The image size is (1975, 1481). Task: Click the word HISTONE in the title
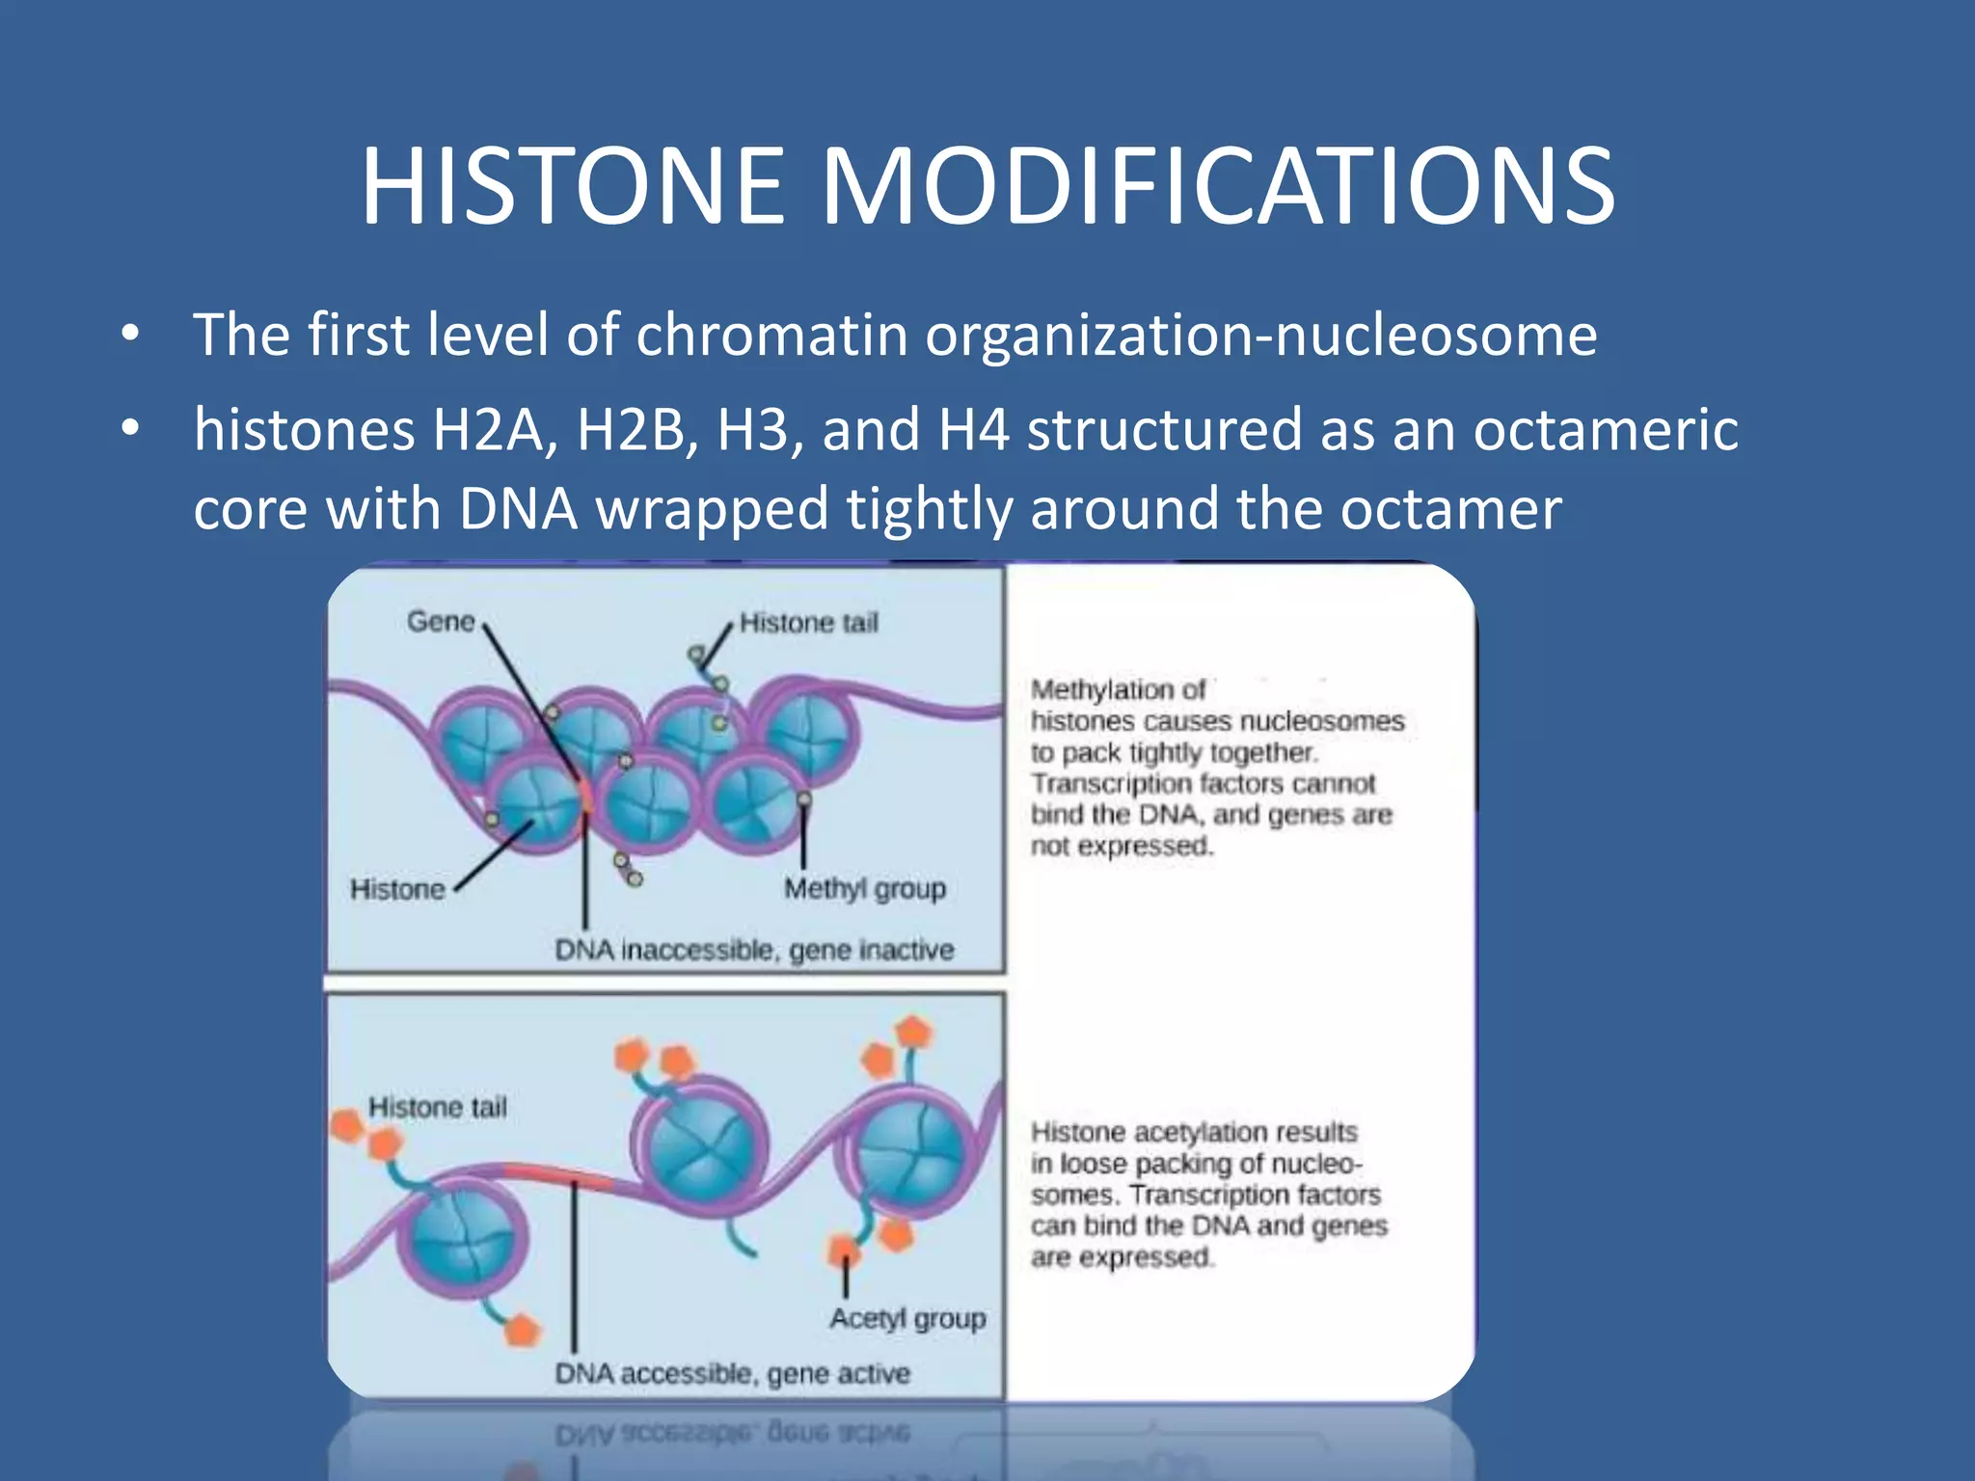coord(573,186)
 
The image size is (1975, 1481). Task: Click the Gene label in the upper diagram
coord(441,622)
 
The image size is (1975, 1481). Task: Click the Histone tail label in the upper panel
coord(808,623)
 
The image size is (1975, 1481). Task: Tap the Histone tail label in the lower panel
coord(437,1107)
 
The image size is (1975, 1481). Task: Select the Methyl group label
coord(864,888)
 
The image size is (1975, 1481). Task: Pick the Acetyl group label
coord(907,1318)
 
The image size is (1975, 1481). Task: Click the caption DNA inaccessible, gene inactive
coord(754,950)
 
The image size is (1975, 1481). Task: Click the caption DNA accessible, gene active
coord(732,1373)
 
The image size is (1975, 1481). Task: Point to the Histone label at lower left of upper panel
coord(397,889)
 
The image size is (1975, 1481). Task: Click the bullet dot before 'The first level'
coord(131,336)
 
